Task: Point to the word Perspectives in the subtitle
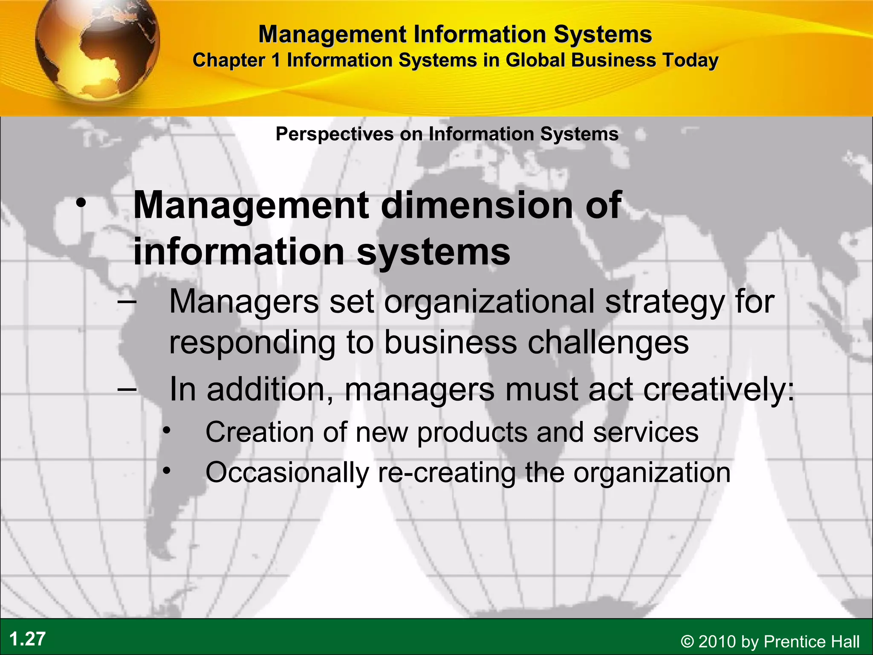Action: pyautogui.click(x=335, y=134)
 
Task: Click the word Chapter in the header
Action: pyautogui.click(x=228, y=60)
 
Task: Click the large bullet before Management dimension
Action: pyautogui.click(x=81, y=204)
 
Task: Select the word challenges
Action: pyautogui.click(x=608, y=342)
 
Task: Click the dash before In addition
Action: pyautogui.click(x=127, y=389)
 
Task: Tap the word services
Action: pyautogui.click(x=645, y=432)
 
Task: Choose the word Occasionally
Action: pyautogui.click(x=287, y=473)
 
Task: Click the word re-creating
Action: pyautogui.click(x=447, y=473)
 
